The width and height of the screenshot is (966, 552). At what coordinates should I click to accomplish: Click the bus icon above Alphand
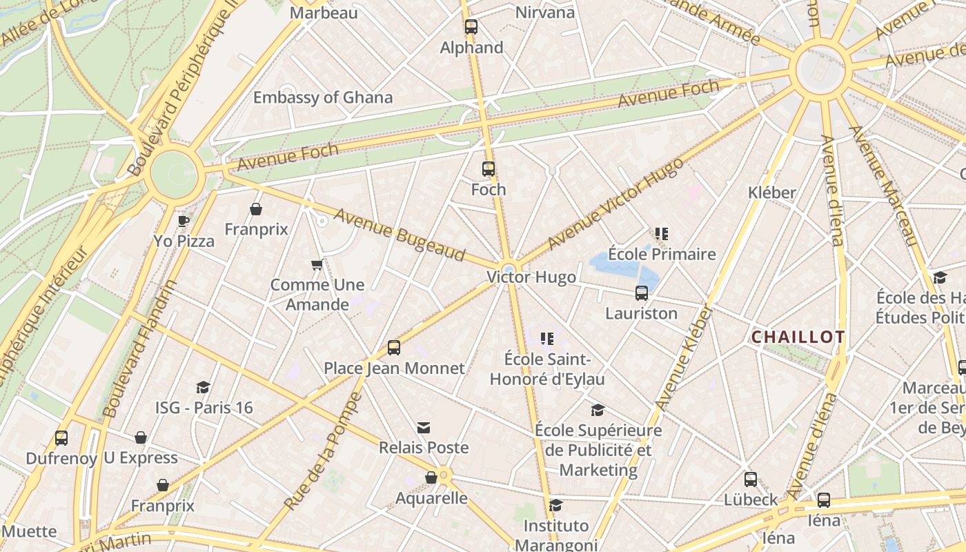tap(471, 27)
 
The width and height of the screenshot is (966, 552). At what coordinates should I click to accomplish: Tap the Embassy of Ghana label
tap(322, 97)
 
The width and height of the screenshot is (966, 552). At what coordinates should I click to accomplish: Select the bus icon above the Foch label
tap(489, 168)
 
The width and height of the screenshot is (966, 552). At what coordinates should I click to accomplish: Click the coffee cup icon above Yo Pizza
tap(183, 221)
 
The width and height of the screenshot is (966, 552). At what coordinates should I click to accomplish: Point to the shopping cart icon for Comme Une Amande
tap(317, 264)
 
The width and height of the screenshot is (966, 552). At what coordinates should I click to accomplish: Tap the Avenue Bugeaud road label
tap(400, 234)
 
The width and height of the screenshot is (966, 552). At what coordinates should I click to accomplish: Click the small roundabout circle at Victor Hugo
tap(509, 269)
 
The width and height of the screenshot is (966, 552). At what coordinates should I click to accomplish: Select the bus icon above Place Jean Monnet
tap(394, 347)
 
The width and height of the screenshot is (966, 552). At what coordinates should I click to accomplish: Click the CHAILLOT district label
tap(798, 337)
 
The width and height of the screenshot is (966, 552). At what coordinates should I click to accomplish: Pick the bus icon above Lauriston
tap(642, 293)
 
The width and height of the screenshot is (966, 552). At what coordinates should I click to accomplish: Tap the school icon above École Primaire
tap(662, 234)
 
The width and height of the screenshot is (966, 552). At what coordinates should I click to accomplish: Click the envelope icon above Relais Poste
tap(424, 428)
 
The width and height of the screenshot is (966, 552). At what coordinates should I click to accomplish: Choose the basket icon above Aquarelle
tap(431, 477)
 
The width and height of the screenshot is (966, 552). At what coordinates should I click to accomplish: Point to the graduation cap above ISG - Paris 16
tap(203, 387)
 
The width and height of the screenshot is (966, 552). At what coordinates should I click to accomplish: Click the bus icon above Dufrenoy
tap(61, 438)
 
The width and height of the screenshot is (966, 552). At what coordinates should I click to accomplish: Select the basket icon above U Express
tap(141, 437)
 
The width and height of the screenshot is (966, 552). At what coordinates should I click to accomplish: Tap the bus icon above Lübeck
tap(751, 479)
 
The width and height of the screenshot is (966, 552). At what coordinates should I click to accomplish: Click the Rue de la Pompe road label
tap(323, 452)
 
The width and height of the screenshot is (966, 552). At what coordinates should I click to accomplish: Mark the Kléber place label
tap(772, 193)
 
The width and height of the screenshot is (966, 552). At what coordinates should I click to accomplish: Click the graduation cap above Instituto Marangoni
tap(555, 505)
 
